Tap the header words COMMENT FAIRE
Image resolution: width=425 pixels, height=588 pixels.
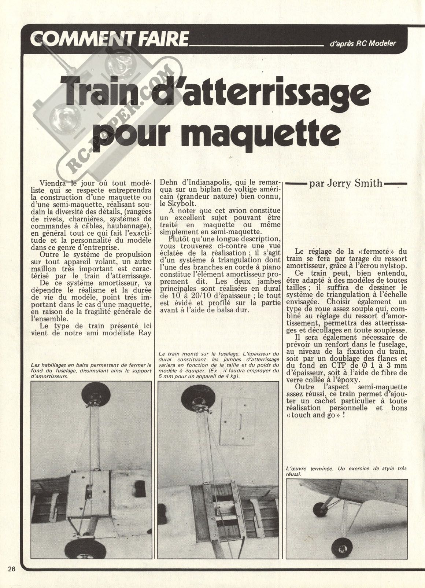109,39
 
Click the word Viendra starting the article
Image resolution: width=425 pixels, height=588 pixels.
51,183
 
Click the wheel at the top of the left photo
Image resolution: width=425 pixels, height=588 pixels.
95,394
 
